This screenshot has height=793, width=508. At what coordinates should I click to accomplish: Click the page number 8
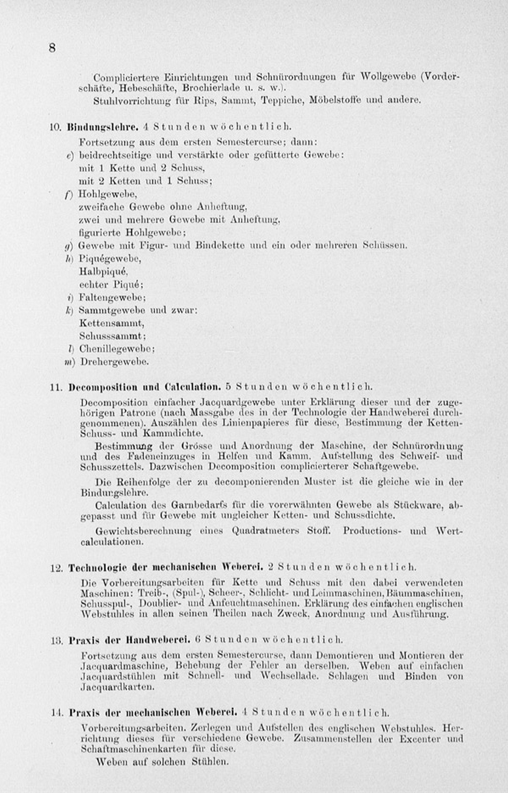[52, 48]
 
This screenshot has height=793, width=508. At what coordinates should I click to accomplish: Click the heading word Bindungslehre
[103, 127]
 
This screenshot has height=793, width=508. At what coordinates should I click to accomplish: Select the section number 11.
[56, 387]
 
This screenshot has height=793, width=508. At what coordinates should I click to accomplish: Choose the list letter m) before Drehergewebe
[70, 362]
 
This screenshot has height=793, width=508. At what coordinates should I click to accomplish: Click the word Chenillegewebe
[117, 349]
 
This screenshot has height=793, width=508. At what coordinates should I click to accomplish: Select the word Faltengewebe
[112, 298]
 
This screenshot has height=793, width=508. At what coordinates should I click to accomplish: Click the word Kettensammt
[111, 323]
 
